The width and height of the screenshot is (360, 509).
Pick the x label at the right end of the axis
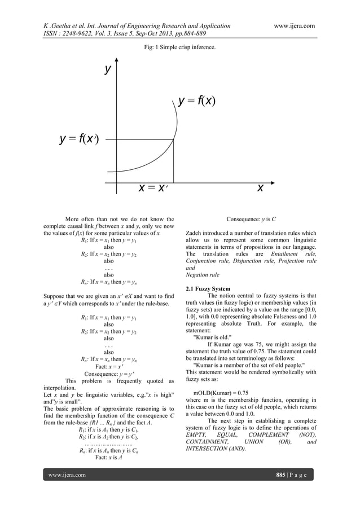260,187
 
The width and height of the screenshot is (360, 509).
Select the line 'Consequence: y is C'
251,219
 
